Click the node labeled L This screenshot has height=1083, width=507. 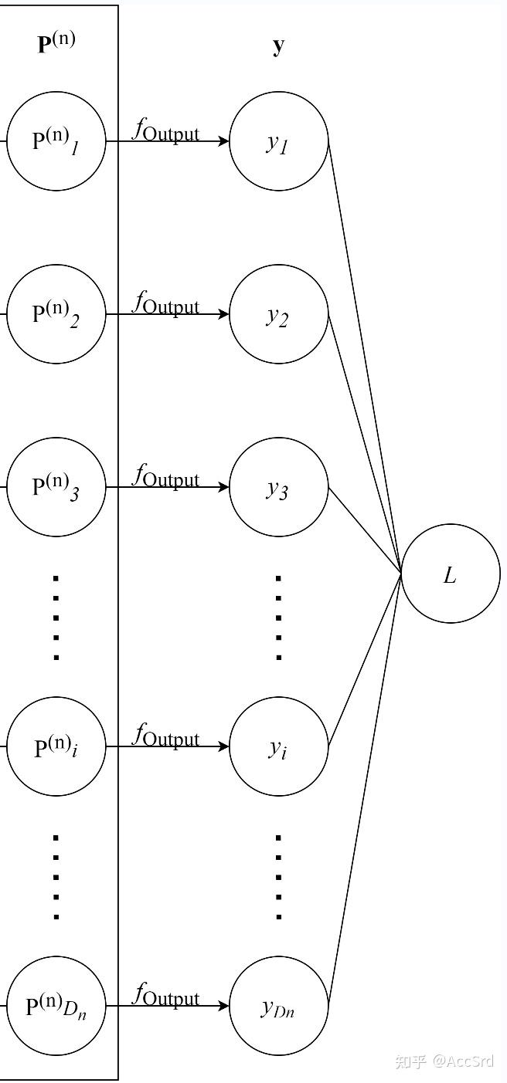click(x=451, y=574)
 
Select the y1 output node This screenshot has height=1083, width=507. click(x=279, y=141)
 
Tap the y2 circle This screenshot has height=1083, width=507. click(x=279, y=314)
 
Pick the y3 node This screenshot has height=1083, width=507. click(x=279, y=487)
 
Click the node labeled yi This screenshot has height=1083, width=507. click(x=279, y=746)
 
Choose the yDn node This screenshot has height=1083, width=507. click(x=279, y=1006)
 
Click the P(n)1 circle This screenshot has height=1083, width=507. click(x=56, y=141)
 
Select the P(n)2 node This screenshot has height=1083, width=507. click(x=56, y=314)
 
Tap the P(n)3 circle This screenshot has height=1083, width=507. click(x=56, y=487)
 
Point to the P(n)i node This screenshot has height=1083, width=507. click(x=56, y=746)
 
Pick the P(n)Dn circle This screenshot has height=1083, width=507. click(x=56, y=1006)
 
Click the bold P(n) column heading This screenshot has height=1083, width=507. click(x=56, y=41)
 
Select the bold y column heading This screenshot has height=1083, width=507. click(x=278, y=45)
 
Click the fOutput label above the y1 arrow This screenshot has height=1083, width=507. click(x=165, y=130)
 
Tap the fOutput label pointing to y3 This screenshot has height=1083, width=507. click(x=165, y=476)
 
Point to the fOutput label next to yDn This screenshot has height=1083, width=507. click(x=165, y=995)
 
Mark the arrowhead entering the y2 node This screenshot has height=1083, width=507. click(x=224, y=314)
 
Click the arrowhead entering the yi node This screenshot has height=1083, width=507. click(x=224, y=746)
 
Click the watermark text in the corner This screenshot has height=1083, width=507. click(x=444, y=1061)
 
